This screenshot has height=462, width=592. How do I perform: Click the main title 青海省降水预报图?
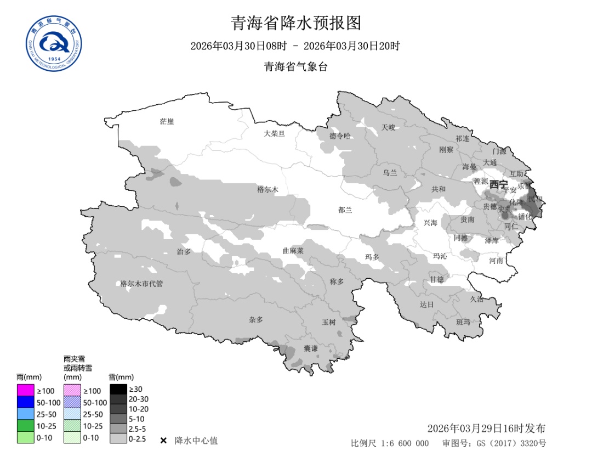click(296, 23)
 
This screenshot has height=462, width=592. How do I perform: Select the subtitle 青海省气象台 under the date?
click(296, 67)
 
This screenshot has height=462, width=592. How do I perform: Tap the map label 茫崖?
click(167, 121)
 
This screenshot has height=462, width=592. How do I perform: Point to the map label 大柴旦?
click(274, 133)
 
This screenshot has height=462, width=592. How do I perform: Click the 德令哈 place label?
click(340, 136)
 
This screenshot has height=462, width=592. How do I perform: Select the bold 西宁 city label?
click(499, 184)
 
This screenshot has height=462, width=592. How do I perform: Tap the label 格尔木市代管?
click(141, 284)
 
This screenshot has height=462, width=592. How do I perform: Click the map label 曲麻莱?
click(293, 251)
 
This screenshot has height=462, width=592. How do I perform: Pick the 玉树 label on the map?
click(328, 322)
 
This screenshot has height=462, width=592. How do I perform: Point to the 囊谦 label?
click(311, 348)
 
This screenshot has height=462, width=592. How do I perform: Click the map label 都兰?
click(345, 210)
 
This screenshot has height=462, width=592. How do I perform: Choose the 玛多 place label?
click(372, 257)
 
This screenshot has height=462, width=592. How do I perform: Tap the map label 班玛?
click(463, 322)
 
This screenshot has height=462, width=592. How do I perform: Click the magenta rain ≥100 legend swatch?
click(25, 391)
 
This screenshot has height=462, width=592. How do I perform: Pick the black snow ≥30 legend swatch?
click(118, 389)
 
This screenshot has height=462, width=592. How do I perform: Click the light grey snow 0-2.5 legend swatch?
click(118, 439)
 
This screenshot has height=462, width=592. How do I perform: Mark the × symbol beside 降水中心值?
click(163, 441)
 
